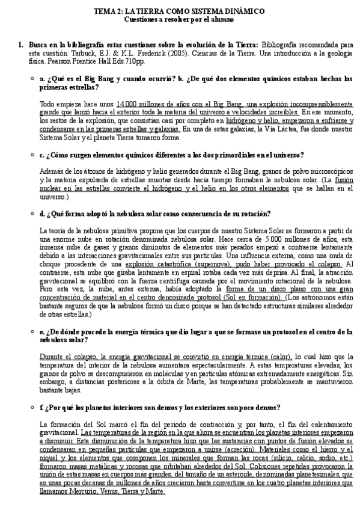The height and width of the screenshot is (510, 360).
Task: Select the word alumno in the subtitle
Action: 221,19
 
